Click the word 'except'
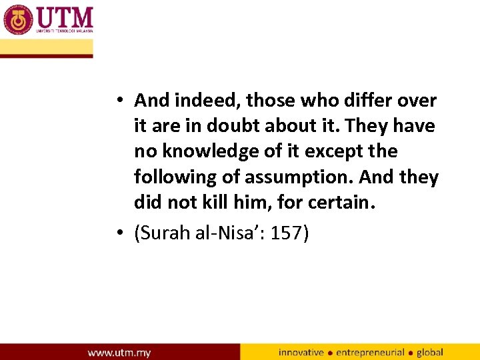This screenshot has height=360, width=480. pyautogui.click(x=331, y=152)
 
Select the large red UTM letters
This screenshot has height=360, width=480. pyautogui.click(x=65, y=17)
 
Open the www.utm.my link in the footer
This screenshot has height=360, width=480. pyautogui.click(x=119, y=352)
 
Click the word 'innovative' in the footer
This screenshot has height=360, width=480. pyautogui.click(x=301, y=352)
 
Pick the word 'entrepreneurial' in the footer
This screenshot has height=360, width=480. pyautogui.click(x=371, y=352)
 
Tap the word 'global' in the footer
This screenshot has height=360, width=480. pyautogui.click(x=431, y=352)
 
